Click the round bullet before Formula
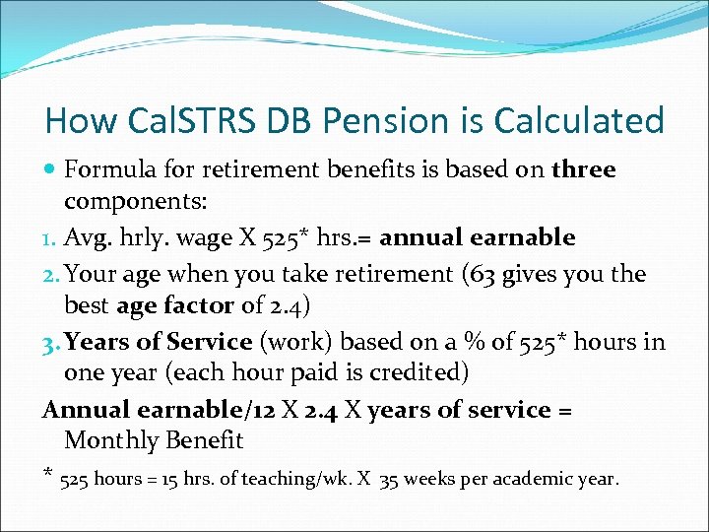click(50, 170)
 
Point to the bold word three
click(584, 169)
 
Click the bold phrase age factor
click(175, 306)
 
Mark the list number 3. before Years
click(52, 341)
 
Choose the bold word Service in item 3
click(209, 341)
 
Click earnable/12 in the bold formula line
click(192, 410)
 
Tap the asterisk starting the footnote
click(49, 477)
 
